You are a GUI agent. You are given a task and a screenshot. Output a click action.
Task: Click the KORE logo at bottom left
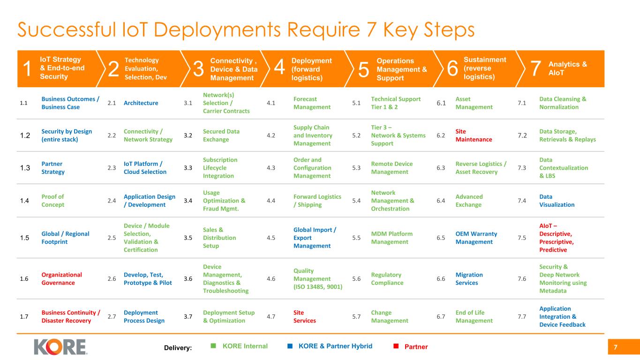60,346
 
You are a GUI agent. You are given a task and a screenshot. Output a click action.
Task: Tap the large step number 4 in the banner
279,69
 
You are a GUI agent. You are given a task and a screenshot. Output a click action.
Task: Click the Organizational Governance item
61,278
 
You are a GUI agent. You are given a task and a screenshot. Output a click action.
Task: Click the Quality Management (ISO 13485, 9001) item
317,278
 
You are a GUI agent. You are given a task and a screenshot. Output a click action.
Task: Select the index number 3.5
188,238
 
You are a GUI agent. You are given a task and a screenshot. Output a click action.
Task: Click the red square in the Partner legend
396,346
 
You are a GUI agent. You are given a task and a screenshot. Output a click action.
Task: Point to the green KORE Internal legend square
213,346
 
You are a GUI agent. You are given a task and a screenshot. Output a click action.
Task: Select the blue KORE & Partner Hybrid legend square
290,346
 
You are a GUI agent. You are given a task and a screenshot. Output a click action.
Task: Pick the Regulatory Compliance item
386,278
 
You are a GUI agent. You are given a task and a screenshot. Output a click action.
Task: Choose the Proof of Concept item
53,201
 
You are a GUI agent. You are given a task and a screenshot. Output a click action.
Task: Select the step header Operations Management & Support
401,69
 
